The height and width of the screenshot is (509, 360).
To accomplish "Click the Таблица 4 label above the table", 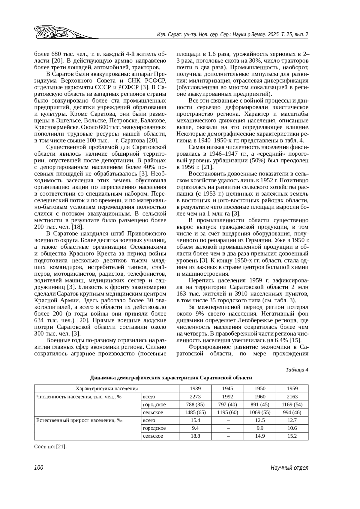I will [297, 370].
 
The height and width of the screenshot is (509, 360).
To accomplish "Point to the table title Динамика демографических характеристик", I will [171, 378].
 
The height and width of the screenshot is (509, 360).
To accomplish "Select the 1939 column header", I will [195, 388].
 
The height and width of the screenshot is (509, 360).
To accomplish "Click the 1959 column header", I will [292, 388].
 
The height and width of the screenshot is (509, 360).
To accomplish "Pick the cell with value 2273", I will [195, 397].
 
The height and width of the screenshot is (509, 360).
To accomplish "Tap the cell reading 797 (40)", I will [227, 404].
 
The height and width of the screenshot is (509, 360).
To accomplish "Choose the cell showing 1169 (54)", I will [292, 404].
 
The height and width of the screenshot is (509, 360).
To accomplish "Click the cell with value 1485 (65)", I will [195, 412].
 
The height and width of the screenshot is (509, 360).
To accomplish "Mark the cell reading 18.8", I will [195, 436].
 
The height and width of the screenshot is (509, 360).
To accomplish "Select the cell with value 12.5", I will [260, 420].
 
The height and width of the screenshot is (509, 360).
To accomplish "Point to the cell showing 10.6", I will [292, 428].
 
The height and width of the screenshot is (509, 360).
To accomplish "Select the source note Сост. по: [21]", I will [50, 447].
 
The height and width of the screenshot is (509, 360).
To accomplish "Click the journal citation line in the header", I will [232, 34].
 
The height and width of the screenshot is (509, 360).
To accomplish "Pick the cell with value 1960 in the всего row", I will [260, 397].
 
